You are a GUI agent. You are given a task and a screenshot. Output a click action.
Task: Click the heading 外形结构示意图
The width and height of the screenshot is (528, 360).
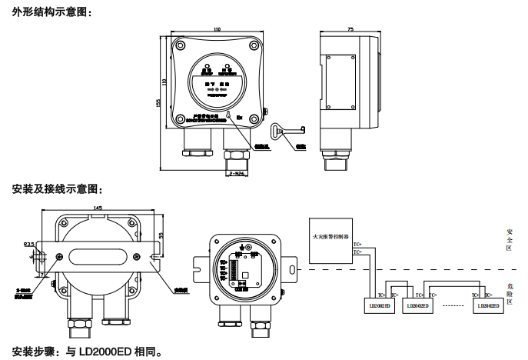coord(52,11)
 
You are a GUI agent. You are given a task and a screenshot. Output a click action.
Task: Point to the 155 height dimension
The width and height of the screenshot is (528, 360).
coord(158,102)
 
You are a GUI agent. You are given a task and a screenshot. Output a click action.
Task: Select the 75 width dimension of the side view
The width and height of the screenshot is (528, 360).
coord(350,29)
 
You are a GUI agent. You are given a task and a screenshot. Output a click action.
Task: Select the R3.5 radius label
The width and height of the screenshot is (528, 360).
coord(29,245)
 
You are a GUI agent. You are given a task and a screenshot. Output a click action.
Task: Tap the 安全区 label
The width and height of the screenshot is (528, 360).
coord(510,238)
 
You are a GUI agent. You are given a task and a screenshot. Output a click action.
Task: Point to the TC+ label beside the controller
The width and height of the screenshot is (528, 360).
coord(357,245)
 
